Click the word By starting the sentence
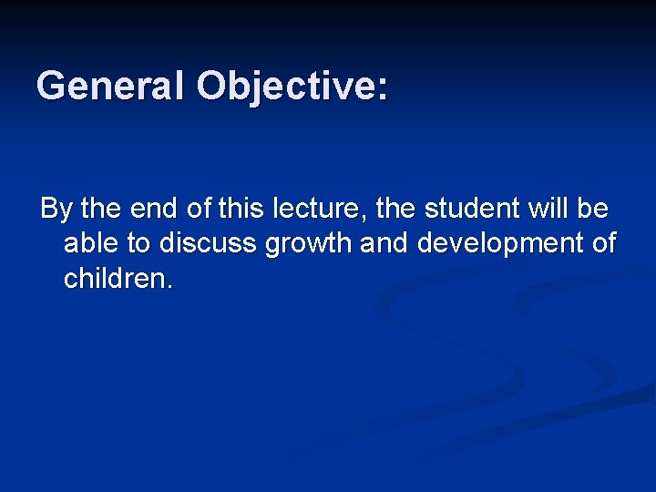pos(56,210)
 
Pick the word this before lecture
pos(240,209)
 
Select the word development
pos(502,244)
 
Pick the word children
pos(113,278)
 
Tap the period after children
pos(168,287)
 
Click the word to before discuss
pos(139,243)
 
